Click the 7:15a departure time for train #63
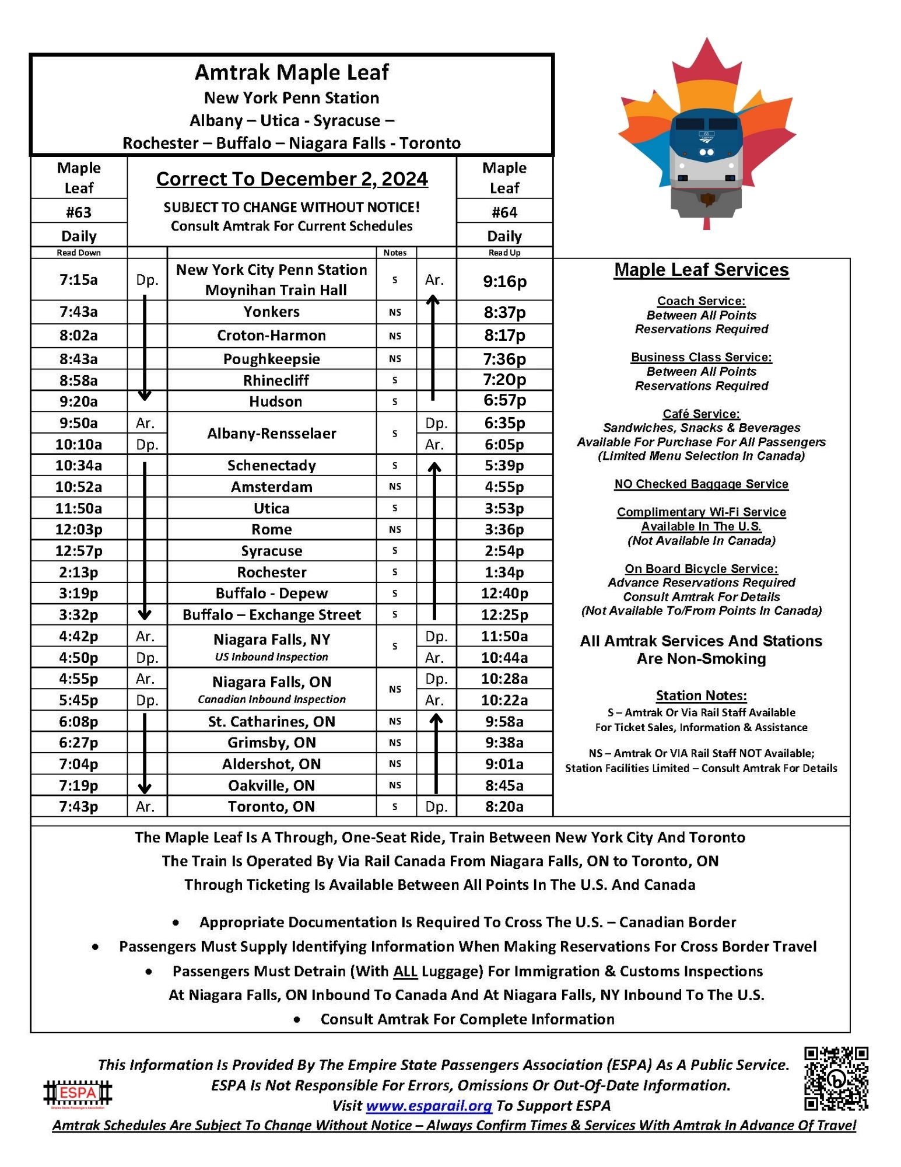pyautogui.click(x=79, y=280)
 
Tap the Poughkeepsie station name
pyautogui.click(x=272, y=359)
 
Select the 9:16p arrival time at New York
pyautogui.click(x=504, y=281)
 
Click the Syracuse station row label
pyautogui.click(x=272, y=551)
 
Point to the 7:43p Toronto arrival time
pyautogui.click(x=79, y=806)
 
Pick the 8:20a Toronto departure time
pyautogui.click(x=504, y=806)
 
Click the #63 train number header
pyautogui.click(x=79, y=212)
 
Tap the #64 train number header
pyautogui.click(x=504, y=212)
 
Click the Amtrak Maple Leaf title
pyautogui.click(x=292, y=72)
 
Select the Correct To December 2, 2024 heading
pyautogui.click(x=292, y=179)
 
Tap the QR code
pyautogui.click(x=836, y=1078)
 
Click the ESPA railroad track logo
pyautogui.click(x=78, y=1093)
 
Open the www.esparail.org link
pyautogui.click(x=429, y=1106)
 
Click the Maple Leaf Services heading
pyautogui.click(x=701, y=270)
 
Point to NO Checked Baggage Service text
pyautogui.click(x=701, y=484)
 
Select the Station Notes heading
pyautogui.click(x=701, y=696)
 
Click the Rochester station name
pyautogui.click(x=272, y=572)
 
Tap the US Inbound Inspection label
pyautogui.click(x=272, y=657)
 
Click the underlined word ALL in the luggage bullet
pyautogui.click(x=405, y=971)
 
